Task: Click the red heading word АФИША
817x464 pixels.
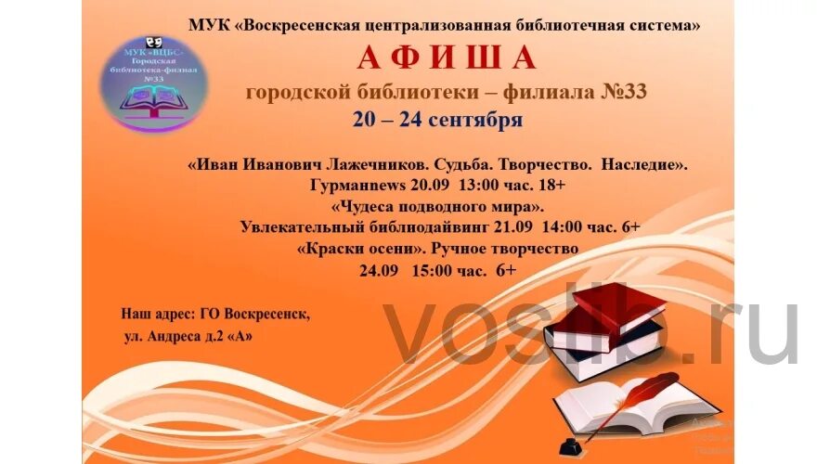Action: click(x=447, y=58)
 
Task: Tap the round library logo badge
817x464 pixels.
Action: click(x=154, y=83)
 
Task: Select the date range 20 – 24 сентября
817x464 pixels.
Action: click(x=437, y=120)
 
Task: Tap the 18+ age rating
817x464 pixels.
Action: click(x=550, y=186)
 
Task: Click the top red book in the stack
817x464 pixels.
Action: click(x=617, y=307)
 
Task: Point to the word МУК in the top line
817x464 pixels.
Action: click(x=204, y=26)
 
